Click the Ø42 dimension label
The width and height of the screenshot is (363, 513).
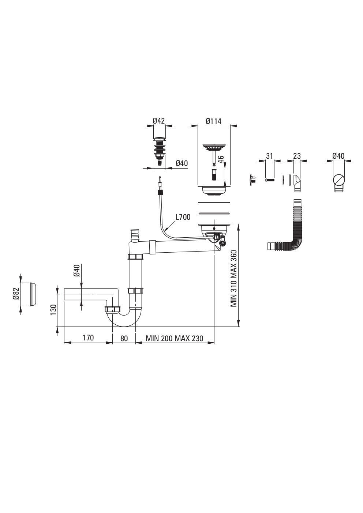158,121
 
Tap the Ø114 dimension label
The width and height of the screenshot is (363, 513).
214,121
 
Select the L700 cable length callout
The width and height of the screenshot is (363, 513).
183,217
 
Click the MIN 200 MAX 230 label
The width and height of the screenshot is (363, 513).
175,339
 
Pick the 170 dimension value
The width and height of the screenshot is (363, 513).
88,337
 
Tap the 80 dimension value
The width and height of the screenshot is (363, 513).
124,338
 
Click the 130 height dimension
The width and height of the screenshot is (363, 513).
53,310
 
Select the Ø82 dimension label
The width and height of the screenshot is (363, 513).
16,294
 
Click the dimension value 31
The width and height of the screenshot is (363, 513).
269,156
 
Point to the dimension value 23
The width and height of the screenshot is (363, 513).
297,156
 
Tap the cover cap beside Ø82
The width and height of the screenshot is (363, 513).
33,294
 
